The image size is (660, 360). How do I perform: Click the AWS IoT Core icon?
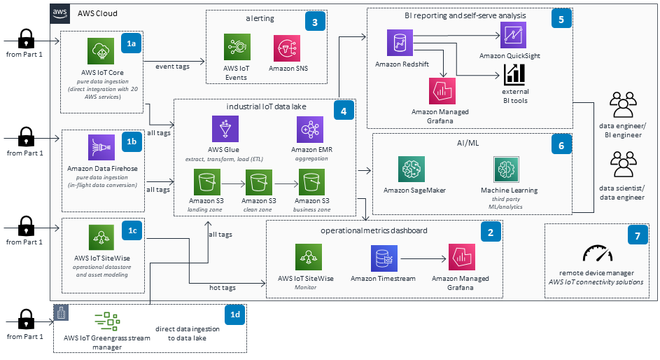(x=101, y=52)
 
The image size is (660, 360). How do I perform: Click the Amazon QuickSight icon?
(x=514, y=36)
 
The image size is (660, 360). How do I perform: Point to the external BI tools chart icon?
(x=514, y=74)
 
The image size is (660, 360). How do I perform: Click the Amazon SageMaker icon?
(x=412, y=170)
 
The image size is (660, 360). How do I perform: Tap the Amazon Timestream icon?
(x=384, y=258)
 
